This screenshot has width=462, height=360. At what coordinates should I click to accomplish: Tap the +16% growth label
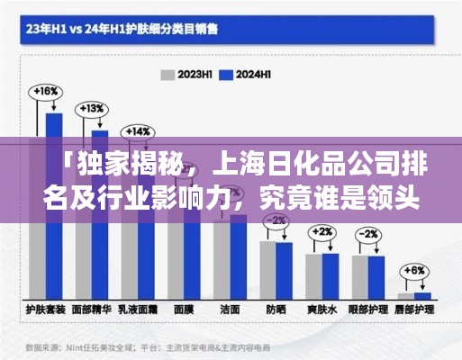point(46,92)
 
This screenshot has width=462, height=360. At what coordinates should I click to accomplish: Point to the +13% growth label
point(92,109)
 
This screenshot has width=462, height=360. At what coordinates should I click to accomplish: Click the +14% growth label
point(138,130)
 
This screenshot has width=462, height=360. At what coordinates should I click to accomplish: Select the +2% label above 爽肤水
point(322,231)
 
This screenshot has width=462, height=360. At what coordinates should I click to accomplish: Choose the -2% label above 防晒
point(276,220)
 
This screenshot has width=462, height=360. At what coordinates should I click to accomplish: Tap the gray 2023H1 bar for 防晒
point(267,270)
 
